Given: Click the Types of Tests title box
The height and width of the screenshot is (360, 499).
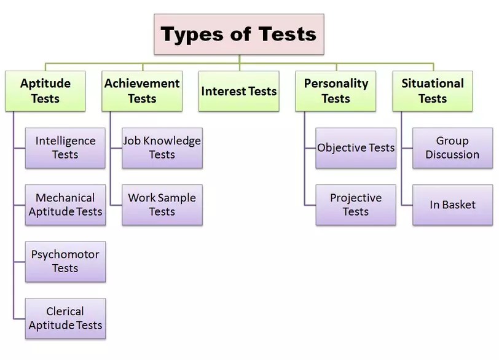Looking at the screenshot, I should pyautogui.click(x=238, y=34).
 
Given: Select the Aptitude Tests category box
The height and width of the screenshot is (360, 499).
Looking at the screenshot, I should pyautogui.click(x=45, y=91).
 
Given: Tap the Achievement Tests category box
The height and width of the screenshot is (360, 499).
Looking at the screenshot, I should pyautogui.click(x=142, y=91).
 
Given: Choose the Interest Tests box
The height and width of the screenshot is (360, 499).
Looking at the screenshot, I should pyautogui.click(x=238, y=91).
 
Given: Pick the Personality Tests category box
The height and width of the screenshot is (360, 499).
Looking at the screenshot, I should pyautogui.click(x=336, y=91).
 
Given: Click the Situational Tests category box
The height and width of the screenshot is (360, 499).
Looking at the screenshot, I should pyautogui.click(x=433, y=91).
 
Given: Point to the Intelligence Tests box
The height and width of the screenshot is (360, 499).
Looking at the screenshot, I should pyautogui.click(x=65, y=148).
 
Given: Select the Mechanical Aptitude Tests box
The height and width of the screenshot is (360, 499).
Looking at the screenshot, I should pyautogui.click(x=65, y=205).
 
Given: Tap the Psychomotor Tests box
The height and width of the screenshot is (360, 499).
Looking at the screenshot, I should pyautogui.click(x=65, y=262).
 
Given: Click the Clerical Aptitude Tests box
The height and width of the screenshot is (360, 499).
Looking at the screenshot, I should pyautogui.click(x=65, y=319).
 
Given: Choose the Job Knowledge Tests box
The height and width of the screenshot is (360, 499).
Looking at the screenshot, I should pyautogui.click(x=162, y=148).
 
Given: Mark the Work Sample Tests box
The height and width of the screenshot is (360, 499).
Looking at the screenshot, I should pyautogui.click(x=162, y=205).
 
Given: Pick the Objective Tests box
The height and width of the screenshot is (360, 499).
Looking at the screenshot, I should pyautogui.click(x=356, y=148).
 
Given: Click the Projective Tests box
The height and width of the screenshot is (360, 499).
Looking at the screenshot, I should pyautogui.click(x=356, y=205).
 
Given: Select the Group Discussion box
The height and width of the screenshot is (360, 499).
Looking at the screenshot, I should pyautogui.click(x=452, y=148).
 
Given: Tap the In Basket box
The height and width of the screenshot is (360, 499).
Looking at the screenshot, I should pyautogui.click(x=452, y=205).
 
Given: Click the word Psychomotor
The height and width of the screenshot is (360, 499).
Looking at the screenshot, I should pyautogui.click(x=65, y=255).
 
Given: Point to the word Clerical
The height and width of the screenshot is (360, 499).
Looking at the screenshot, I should pyautogui.click(x=65, y=311).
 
